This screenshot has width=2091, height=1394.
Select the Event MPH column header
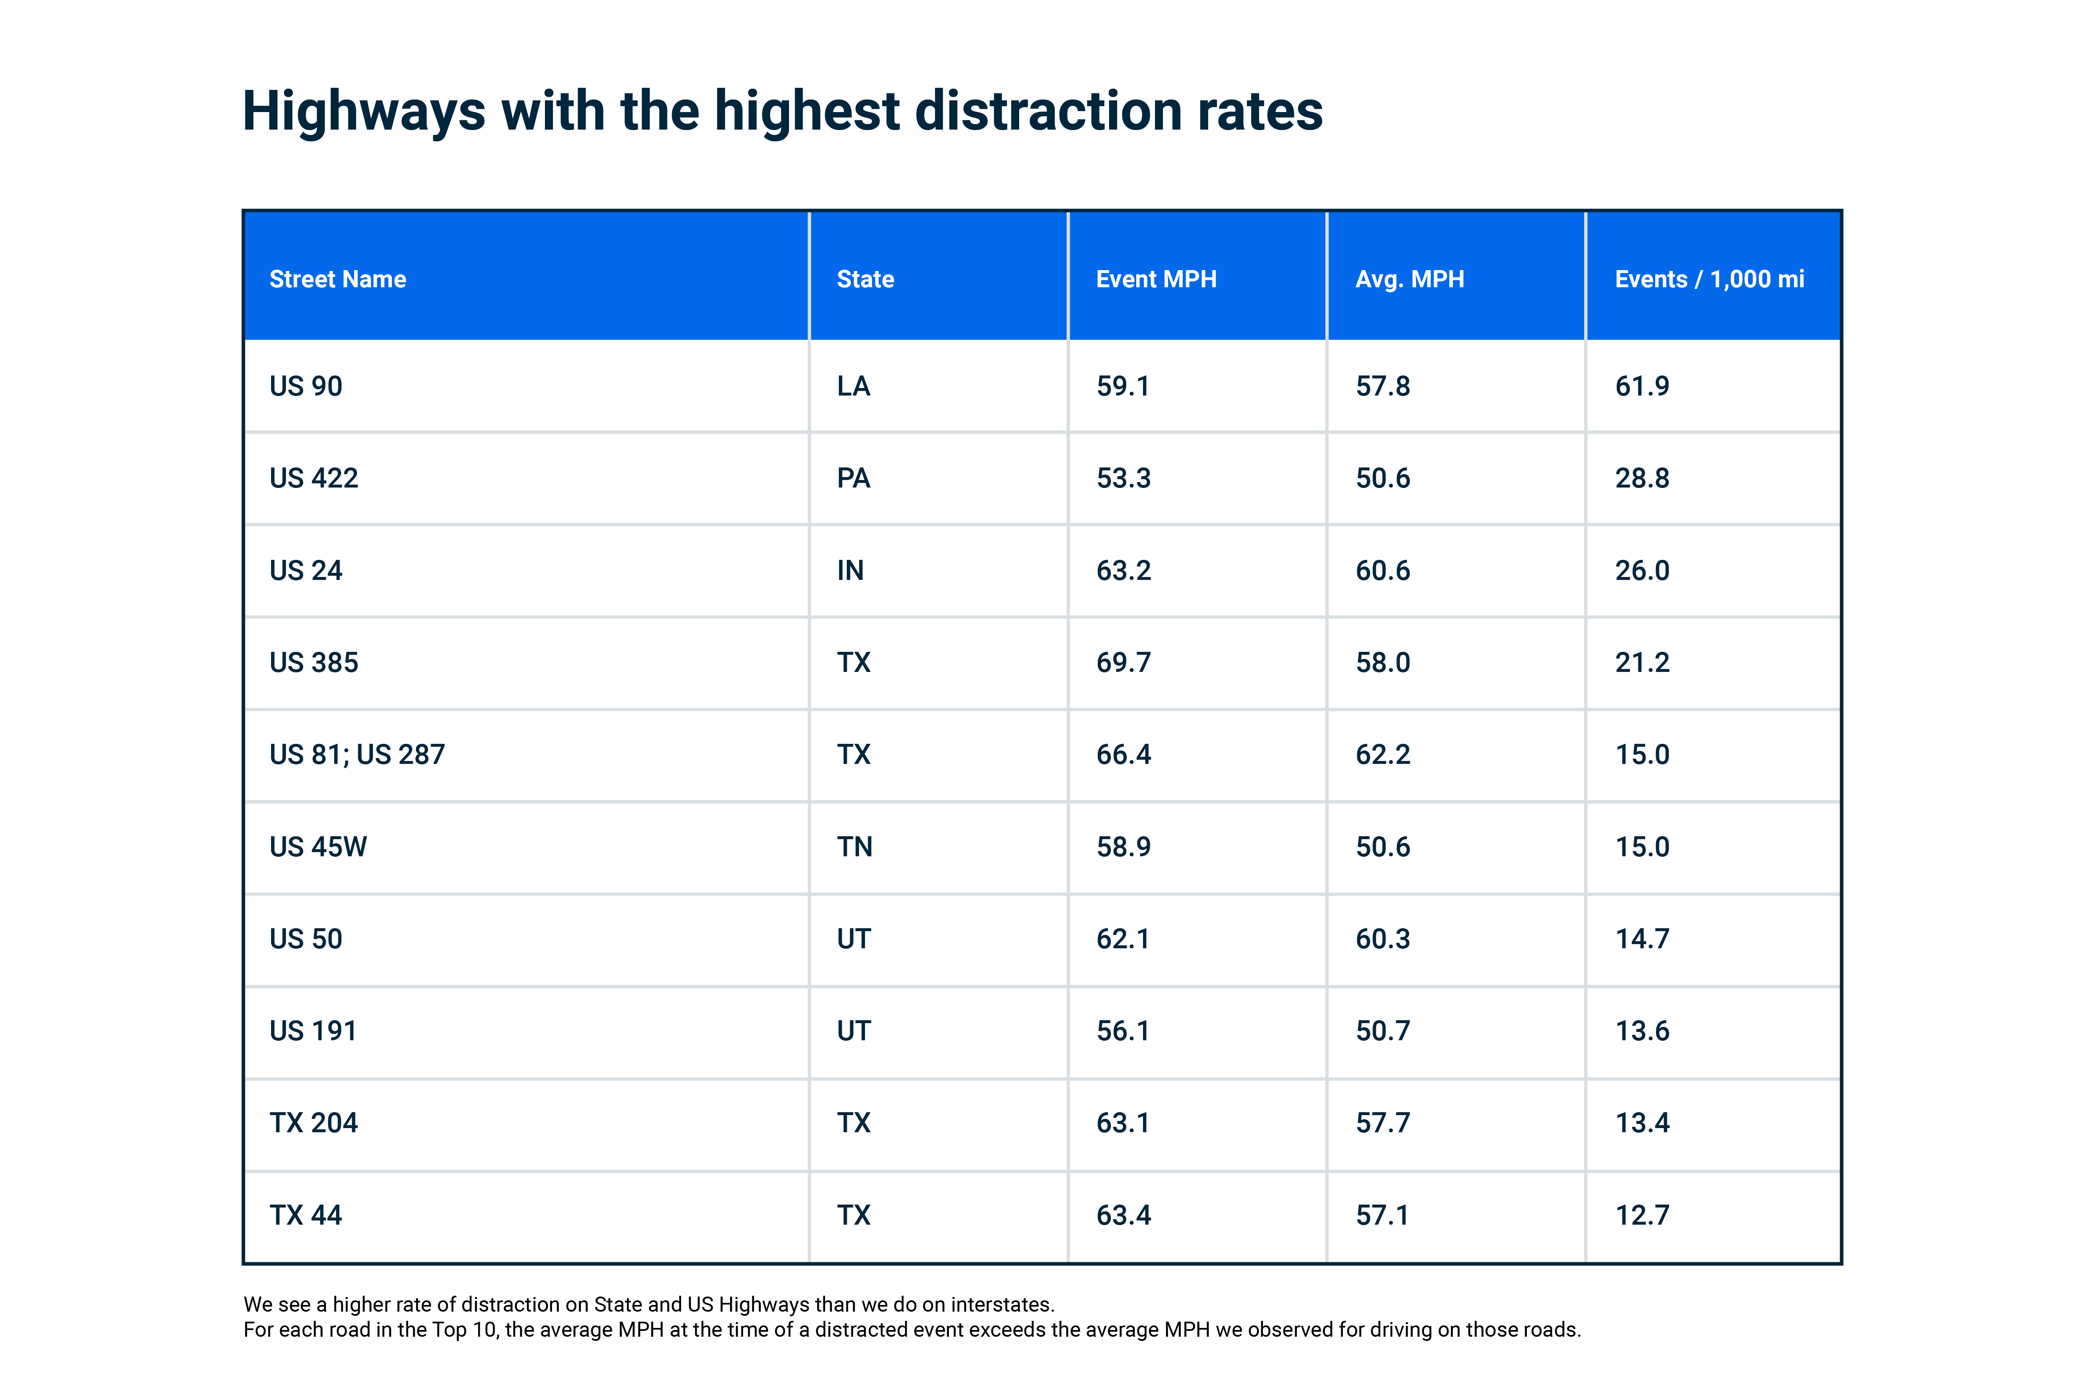1156,279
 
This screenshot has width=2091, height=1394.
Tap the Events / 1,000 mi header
1709,279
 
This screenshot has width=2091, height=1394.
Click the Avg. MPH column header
1409,279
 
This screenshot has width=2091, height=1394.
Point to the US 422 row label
314,478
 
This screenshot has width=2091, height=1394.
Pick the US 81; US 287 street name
356,755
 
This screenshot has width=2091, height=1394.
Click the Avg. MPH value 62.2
1383,755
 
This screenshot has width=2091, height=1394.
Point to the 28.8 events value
1642,478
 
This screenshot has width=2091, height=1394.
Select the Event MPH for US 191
1123,1031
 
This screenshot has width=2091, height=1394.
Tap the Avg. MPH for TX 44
1383,1215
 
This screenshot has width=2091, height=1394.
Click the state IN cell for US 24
850,571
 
